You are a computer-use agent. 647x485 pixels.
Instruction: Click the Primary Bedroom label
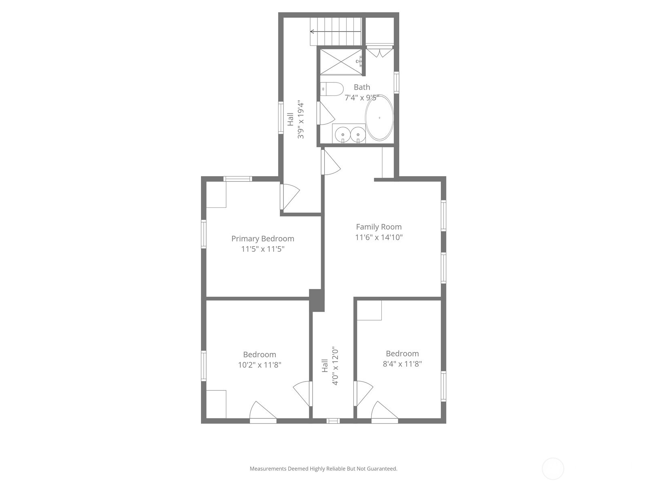click(x=262, y=238)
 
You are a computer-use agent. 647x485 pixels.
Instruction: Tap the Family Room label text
click(x=378, y=227)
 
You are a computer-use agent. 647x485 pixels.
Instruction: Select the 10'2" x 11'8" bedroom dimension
click(x=259, y=365)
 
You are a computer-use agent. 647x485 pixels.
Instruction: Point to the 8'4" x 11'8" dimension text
click(x=402, y=364)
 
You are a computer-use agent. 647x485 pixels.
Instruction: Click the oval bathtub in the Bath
click(x=379, y=118)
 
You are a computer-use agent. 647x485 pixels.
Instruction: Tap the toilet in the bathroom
click(x=332, y=89)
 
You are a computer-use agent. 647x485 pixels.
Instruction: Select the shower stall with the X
click(x=341, y=61)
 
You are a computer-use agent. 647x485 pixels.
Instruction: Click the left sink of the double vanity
click(x=343, y=134)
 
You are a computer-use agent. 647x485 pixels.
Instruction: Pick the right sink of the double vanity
click(x=358, y=134)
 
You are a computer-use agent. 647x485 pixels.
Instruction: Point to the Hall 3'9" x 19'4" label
click(x=296, y=120)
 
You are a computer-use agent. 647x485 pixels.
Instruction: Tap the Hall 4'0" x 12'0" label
click(x=330, y=365)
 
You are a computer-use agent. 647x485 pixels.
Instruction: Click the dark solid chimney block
click(x=317, y=300)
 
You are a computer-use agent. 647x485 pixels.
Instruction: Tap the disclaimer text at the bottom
click(x=323, y=469)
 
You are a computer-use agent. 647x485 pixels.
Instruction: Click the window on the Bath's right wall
click(x=396, y=82)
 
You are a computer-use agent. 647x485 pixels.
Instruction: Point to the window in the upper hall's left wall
click(x=280, y=118)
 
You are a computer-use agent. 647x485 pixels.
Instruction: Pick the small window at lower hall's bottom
click(x=333, y=421)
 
